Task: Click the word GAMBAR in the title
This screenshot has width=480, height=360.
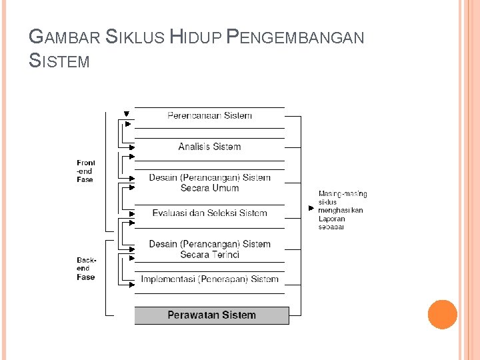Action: pyautogui.click(x=65, y=37)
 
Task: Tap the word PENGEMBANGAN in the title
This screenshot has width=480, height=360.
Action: pyautogui.click(x=295, y=37)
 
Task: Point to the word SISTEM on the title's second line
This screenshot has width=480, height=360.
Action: pyautogui.click(x=59, y=62)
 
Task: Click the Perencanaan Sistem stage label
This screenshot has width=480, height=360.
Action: pyautogui.click(x=209, y=116)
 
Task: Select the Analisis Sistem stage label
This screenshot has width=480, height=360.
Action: pyautogui.click(x=209, y=147)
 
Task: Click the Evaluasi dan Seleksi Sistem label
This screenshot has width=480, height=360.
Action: pyautogui.click(x=209, y=213)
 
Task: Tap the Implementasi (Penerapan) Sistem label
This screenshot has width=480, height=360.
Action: pyautogui.click(x=209, y=279)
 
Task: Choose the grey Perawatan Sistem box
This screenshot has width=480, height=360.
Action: pyautogui.click(x=211, y=315)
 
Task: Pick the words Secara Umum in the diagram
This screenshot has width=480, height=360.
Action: pyautogui.click(x=209, y=189)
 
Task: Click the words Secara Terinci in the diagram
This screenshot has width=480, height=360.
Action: pyautogui.click(x=209, y=255)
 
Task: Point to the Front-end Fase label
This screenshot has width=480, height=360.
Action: pyautogui.click(x=85, y=171)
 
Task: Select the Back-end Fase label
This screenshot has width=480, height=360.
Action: pyautogui.click(x=86, y=269)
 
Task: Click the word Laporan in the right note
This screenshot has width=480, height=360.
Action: pyautogui.click(x=331, y=219)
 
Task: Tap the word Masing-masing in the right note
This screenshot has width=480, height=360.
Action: pyautogui.click(x=342, y=194)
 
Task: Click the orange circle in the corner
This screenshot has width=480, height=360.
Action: pyautogui.click(x=442, y=315)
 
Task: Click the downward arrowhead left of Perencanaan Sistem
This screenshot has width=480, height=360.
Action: pyautogui.click(x=127, y=113)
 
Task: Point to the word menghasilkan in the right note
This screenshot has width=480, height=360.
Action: pyautogui.click(x=340, y=211)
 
